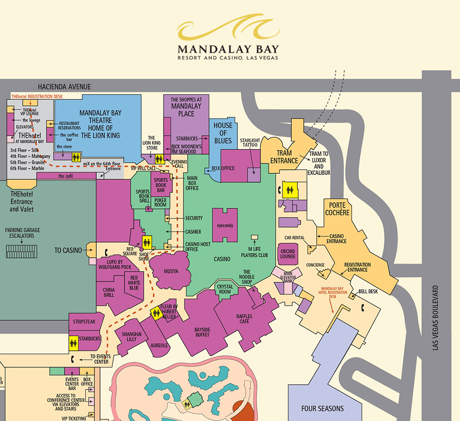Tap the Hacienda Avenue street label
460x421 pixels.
(64, 86)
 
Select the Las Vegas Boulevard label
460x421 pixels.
(436, 317)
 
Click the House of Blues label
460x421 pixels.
(223, 133)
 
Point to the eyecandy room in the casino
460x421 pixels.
(225, 225)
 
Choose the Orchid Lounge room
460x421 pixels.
(288, 254)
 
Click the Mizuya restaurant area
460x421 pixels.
(170, 271)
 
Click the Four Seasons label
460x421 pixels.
(322, 408)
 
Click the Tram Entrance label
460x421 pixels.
(284, 157)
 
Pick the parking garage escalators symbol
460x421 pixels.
(23, 251)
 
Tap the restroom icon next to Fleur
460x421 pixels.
(156, 314)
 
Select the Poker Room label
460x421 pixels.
(160, 202)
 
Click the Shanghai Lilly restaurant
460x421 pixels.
(131, 337)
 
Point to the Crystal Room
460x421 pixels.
(225, 289)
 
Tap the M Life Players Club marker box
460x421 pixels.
(254, 237)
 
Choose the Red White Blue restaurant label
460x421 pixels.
(134, 282)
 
